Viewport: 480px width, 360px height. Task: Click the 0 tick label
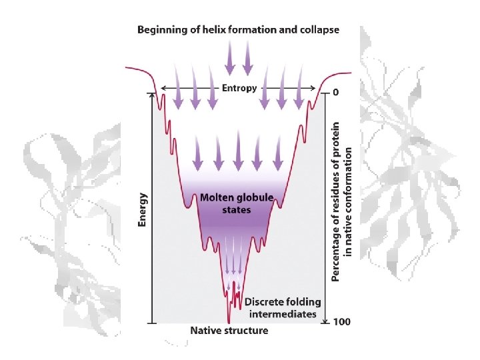click(335, 92)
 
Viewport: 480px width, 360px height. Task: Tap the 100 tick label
click(341, 322)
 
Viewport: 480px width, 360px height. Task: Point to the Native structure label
click(229, 331)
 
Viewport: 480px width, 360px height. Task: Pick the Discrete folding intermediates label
click(283, 309)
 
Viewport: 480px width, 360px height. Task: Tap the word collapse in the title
click(319, 29)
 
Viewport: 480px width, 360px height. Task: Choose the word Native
click(205, 331)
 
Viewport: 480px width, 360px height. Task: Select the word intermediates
click(283, 315)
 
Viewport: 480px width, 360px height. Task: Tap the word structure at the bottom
click(246, 331)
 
